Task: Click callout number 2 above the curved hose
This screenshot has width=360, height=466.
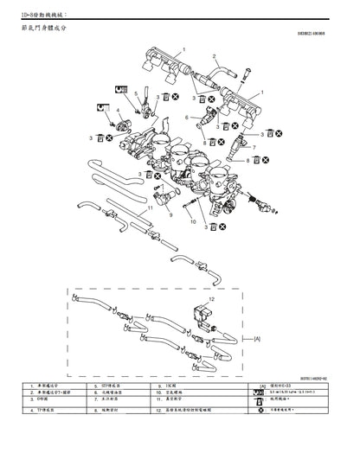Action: [213, 56]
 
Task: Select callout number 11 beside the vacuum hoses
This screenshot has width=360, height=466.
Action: [150, 207]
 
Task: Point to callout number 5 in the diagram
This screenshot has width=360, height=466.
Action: [135, 91]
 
